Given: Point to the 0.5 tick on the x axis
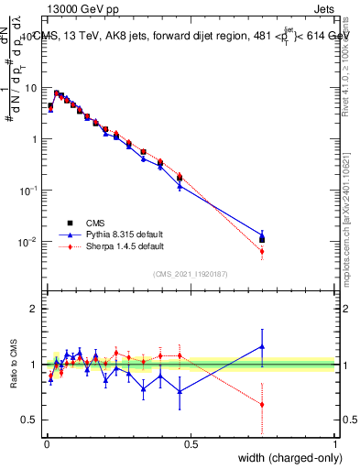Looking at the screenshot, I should (x=191, y=443).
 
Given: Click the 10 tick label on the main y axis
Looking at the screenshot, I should (x=30, y=88).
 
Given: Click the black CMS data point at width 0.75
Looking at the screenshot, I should (x=262, y=240).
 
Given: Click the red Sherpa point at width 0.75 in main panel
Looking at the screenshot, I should (x=262, y=251).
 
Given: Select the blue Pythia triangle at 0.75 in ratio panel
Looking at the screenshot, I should (x=262, y=346).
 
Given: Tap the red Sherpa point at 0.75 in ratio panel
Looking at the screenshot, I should (x=262, y=404).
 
